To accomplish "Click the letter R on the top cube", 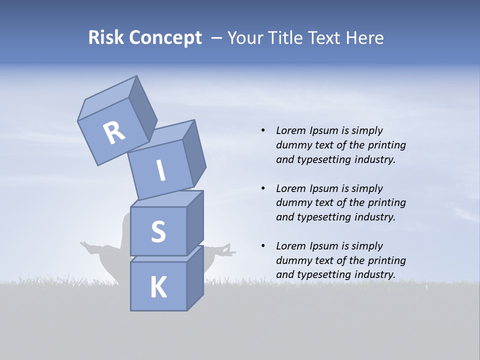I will (114, 133).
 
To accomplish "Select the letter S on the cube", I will (158, 231).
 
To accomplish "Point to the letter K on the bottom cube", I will (158, 287).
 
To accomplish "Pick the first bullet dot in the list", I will (263, 130).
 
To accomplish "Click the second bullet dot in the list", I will (263, 188).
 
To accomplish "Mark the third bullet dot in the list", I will (263, 246).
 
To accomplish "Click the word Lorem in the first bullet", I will (290, 130).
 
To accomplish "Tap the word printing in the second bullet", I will (386, 203).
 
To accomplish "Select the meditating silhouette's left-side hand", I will (86, 245).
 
